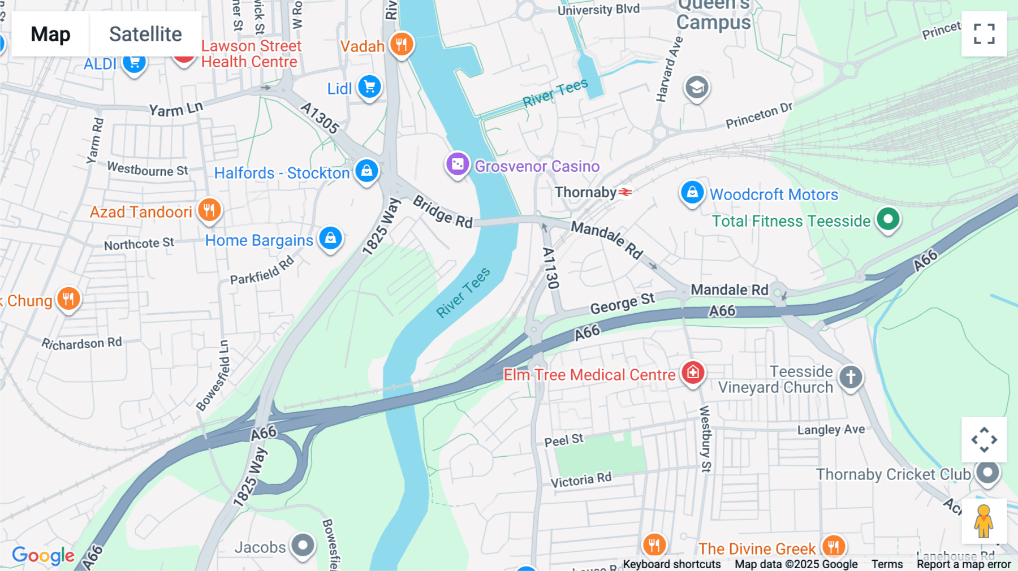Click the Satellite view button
click(x=145, y=34)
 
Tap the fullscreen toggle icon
click(x=984, y=34)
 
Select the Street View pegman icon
click(x=984, y=521)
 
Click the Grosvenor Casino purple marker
click(x=458, y=165)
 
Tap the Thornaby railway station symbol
click(x=626, y=193)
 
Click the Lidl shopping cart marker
click(x=370, y=87)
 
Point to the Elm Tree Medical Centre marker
click(x=693, y=373)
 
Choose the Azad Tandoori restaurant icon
click(x=209, y=210)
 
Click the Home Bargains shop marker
click(x=331, y=238)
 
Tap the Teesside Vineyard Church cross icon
click(x=851, y=377)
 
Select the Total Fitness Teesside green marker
click(x=888, y=219)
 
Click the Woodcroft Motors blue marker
click(x=692, y=193)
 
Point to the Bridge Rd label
click(x=442, y=211)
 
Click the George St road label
click(x=622, y=304)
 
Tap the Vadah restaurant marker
click(x=402, y=44)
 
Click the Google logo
click(x=43, y=555)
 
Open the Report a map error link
click(x=963, y=564)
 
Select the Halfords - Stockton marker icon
click(x=366, y=171)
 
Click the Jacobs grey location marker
click(x=303, y=546)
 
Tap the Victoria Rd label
click(x=581, y=480)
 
